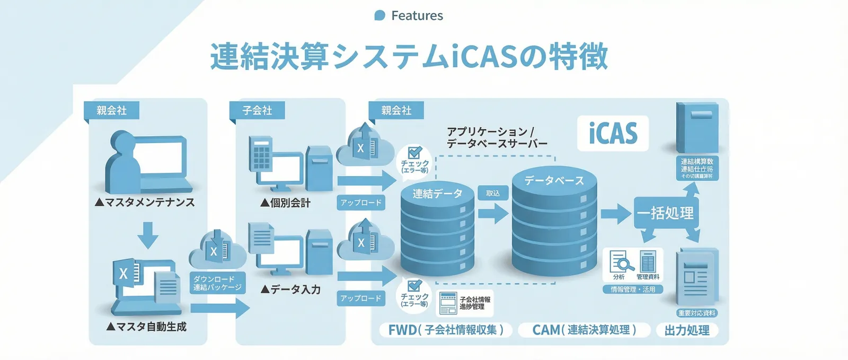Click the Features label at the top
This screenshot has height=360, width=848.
pos(417,16)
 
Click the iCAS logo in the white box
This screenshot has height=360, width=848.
pos(613,133)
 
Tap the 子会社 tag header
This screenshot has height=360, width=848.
pos(257,110)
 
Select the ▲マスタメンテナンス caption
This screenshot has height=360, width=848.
pos(145,202)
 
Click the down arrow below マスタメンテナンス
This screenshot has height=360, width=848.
pos(148,235)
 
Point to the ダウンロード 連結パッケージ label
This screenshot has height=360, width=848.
pos(217,283)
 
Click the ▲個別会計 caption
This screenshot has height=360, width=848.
pos(286,203)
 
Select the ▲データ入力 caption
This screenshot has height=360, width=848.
pos(290,289)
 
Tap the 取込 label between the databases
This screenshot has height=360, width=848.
pos(493,193)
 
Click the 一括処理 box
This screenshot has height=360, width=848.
pos(666,213)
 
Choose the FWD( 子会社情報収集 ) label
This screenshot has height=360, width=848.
pos(446,330)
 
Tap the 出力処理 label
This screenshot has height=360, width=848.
pos(687,330)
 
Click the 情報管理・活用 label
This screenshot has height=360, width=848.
pos(633,289)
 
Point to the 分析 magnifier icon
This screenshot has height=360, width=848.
pos(619,262)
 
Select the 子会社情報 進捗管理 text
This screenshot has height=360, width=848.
pos(475,303)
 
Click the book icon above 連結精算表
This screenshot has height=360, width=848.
pos(697,127)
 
